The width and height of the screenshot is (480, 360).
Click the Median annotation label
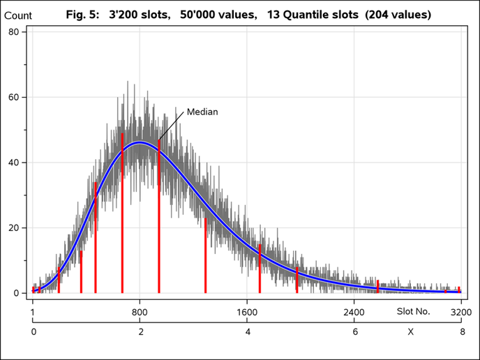[202, 112]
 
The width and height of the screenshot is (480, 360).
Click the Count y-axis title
[18, 15]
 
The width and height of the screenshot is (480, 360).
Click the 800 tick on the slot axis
[140, 312]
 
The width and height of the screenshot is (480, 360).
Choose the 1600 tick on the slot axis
[248, 312]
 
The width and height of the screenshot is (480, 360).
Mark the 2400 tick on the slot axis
[354, 312]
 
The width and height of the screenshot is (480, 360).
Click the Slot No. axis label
[414, 311]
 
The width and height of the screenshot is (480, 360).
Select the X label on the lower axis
[411, 332]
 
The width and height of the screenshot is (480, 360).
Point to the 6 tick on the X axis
[355, 332]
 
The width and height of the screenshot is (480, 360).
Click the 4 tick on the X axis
[248, 332]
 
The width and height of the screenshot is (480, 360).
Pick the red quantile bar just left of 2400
[297, 280]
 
